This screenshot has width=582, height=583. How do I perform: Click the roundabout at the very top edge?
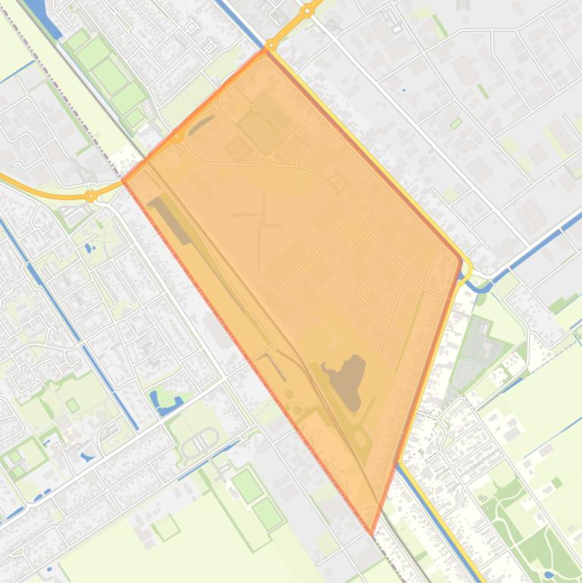pyautogui.click(x=307, y=11)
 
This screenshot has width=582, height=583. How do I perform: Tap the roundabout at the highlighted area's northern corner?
pyautogui.click(x=271, y=45)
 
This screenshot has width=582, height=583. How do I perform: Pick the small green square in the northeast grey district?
pyautogui.click(x=456, y=123)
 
